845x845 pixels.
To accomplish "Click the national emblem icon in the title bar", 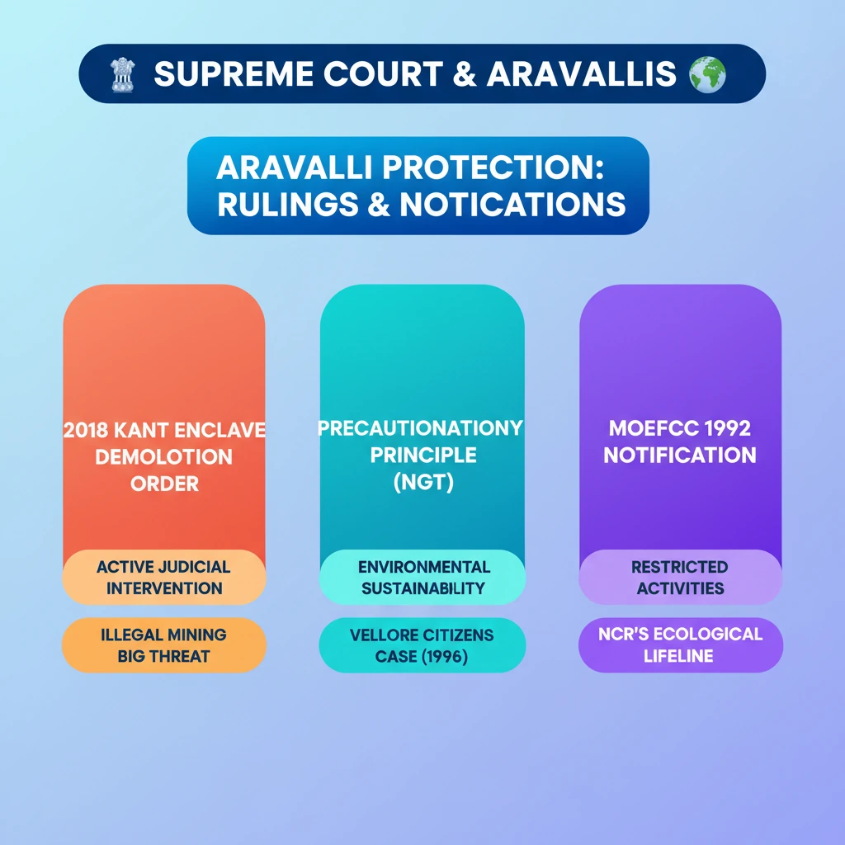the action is pos(123,74).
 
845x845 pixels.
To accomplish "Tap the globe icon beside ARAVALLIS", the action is pos(707,74).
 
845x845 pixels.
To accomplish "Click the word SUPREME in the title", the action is pos(234,73).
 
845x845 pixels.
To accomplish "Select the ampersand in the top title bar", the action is pos(464,73).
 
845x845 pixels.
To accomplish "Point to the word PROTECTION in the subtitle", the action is pos(493,167).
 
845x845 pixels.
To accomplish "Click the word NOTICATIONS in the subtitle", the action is pos(512,205).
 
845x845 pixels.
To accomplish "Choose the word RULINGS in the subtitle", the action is pos(288,205).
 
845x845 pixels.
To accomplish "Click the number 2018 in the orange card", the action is pos(86,430).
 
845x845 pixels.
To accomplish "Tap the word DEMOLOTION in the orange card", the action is pos(164,457).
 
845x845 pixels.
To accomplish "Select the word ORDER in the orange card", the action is pos(164,484).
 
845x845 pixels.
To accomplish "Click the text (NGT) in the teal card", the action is pos(423,482).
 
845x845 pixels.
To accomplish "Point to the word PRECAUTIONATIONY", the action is pos(420,428).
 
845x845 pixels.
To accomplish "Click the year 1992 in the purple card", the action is pos(728,428).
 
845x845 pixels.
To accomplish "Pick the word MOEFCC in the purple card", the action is pos(654,428).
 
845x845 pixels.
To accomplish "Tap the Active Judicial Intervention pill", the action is pos(164,577).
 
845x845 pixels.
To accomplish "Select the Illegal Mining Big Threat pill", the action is pos(164,645).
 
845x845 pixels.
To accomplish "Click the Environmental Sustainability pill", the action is pos(422,577).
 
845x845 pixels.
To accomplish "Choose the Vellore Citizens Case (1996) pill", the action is pos(422,645).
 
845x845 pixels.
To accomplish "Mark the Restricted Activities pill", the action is pos(681,577).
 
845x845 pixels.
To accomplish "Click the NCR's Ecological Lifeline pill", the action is pos(681,645).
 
